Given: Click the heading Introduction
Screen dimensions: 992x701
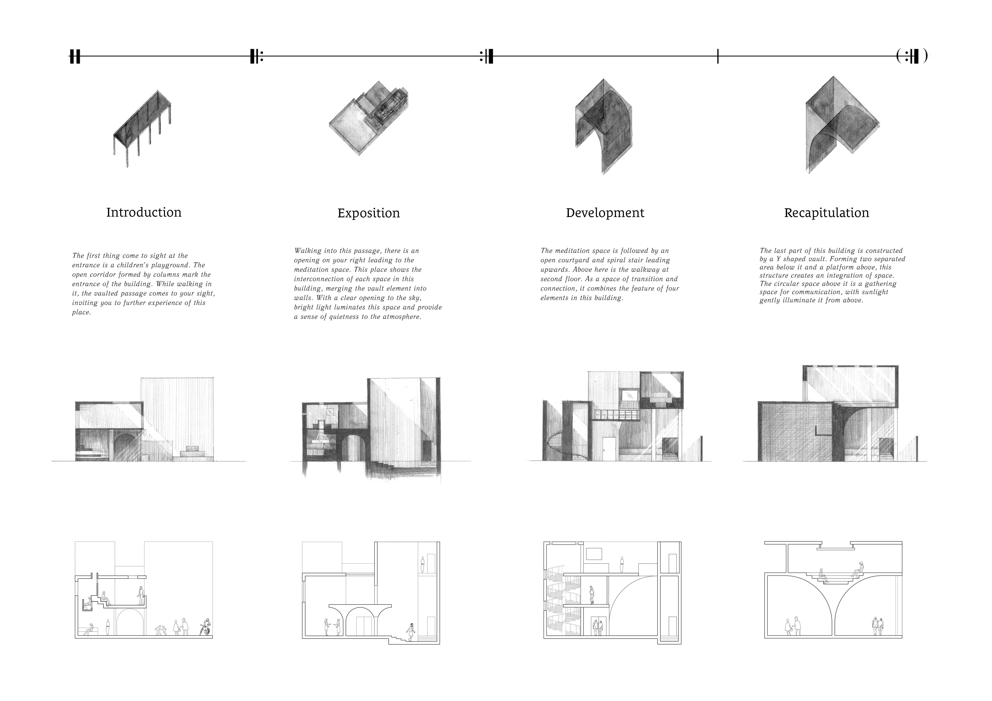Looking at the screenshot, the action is click(x=144, y=212).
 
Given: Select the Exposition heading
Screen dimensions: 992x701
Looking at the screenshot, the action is click(x=369, y=213).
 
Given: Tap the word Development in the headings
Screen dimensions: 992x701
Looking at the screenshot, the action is click(x=605, y=213).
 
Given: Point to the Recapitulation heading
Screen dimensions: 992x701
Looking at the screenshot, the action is click(x=826, y=213).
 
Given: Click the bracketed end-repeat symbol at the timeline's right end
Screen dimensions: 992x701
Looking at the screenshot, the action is click(x=912, y=56).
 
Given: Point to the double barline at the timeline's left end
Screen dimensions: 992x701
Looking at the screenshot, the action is click(x=75, y=56).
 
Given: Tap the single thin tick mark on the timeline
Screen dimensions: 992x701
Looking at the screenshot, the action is click(x=718, y=56).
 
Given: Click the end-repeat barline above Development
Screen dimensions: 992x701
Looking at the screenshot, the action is click(x=487, y=56).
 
